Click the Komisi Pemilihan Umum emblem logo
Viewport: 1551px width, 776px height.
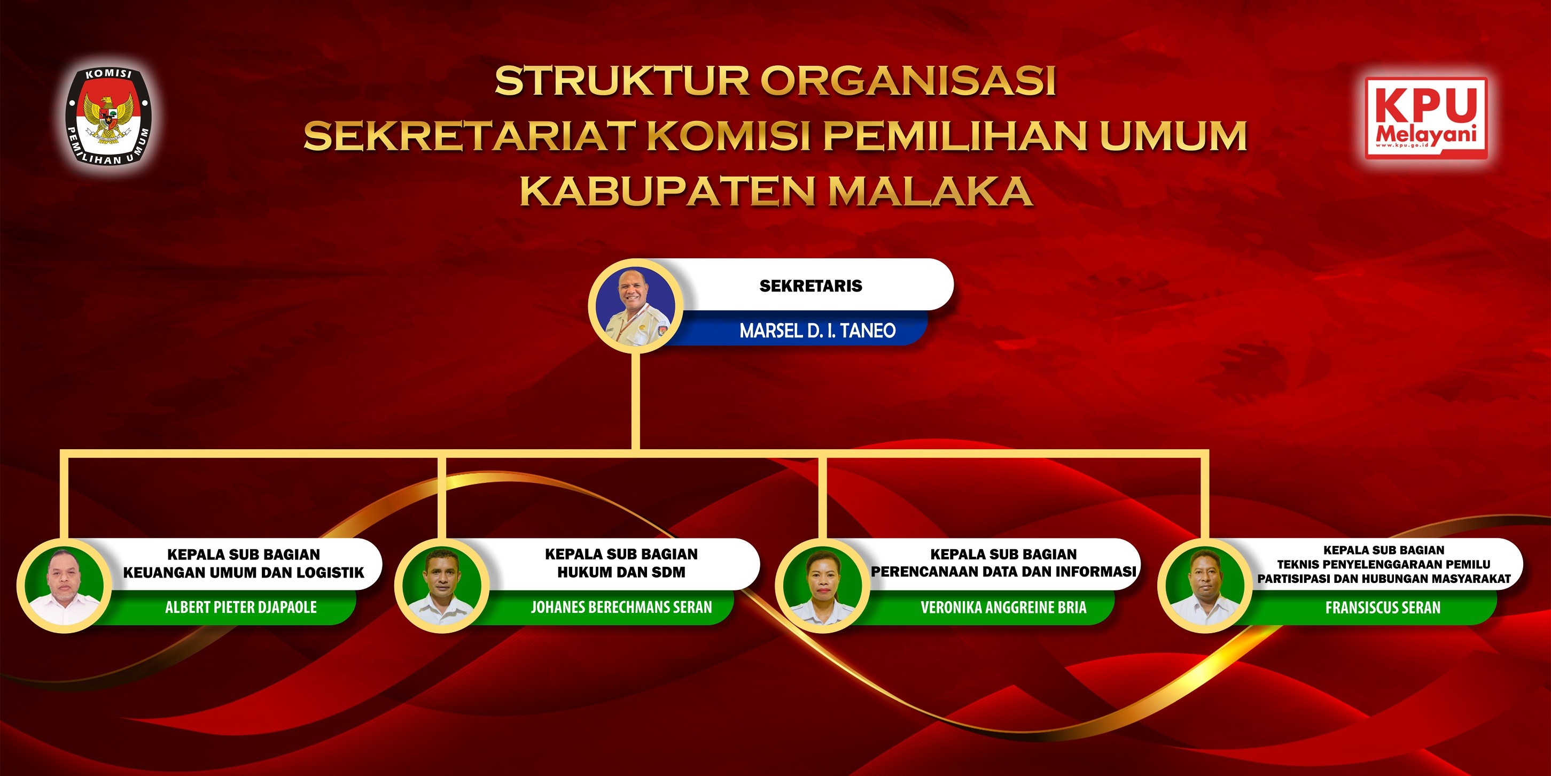click(x=108, y=116)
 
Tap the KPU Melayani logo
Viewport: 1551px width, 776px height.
click(x=1426, y=118)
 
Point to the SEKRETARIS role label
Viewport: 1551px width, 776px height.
click(x=810, y=286)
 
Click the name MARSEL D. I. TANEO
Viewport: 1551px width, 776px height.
click(x=817, y=330)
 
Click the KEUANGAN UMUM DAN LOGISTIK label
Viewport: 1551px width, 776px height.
click(x=244, y=572)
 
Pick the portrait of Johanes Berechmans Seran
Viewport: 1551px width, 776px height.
click(x=441, y=585)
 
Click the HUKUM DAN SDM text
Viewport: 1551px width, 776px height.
click(x=621, y=572)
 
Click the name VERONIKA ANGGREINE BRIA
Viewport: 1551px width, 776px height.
click(x=1004, y=608)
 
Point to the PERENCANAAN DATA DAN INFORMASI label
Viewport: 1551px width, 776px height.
click(x=1004, y=571)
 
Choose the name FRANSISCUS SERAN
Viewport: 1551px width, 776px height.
click(x=1383, y=608)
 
